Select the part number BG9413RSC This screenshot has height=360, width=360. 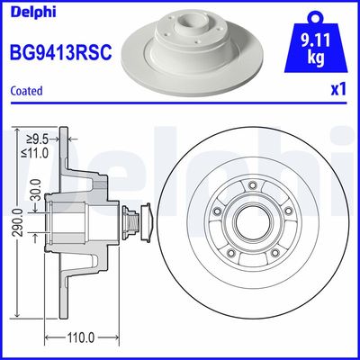click(x=59, y=52)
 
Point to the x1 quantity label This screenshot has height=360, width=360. click(x=339, y=91)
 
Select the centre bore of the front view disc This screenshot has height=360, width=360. click(x=252, y=221)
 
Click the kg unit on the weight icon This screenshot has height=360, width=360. click(x=316, y=59)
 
